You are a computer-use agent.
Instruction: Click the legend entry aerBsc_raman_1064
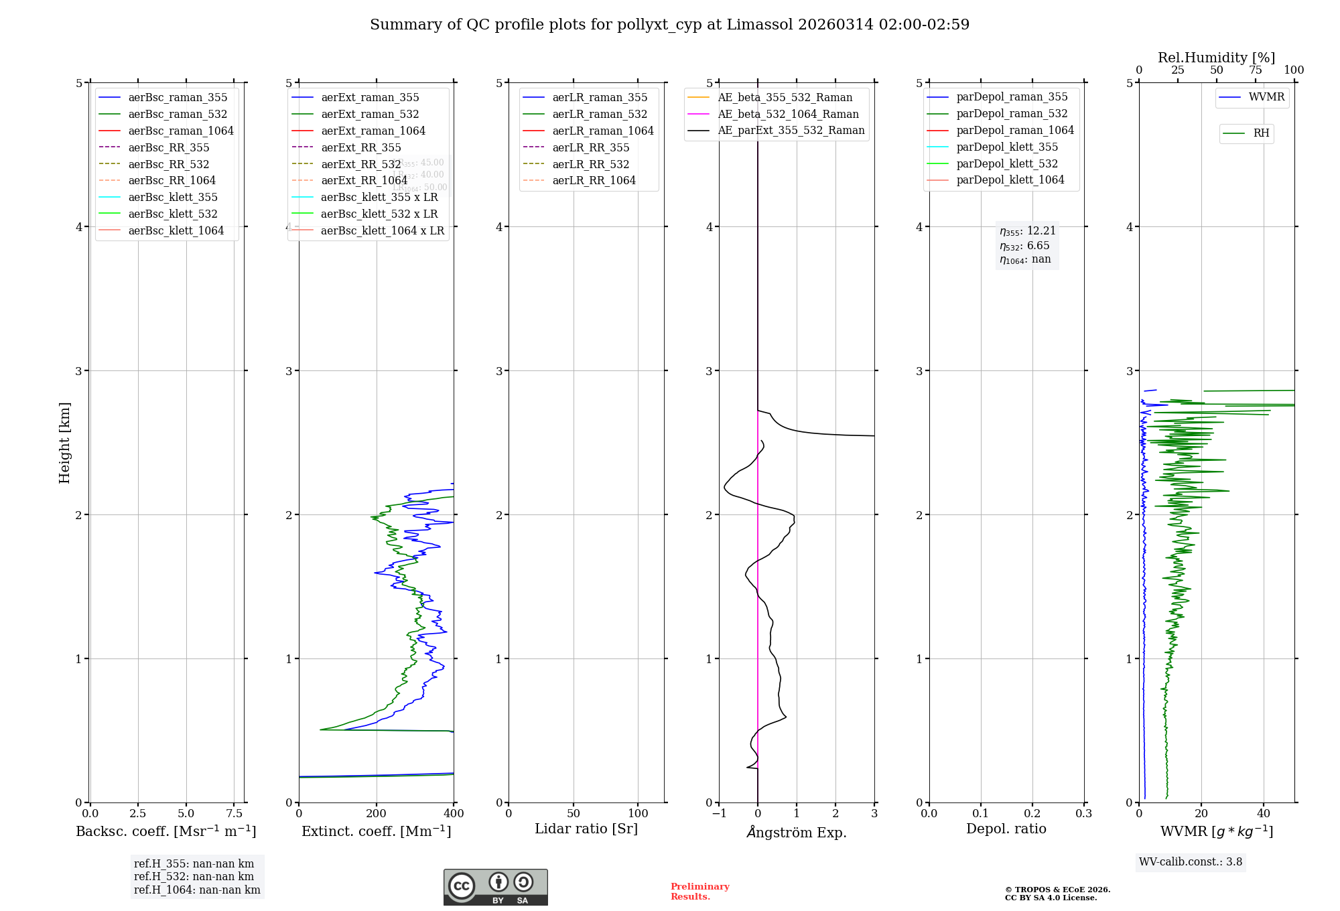click(x=181, y=131)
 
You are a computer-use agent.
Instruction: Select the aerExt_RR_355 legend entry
click(x=360, y=147)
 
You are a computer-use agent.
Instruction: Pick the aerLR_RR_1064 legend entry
click(x=594, y=180)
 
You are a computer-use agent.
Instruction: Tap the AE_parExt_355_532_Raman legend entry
click(x=791, y=130)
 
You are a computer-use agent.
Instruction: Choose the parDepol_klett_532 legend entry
click(x=1006, y=163)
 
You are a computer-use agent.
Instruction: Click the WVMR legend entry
click(x=1266, y=97)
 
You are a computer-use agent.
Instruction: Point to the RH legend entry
click(x=1260, y=133)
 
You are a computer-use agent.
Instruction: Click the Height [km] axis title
click(x=64, y=442)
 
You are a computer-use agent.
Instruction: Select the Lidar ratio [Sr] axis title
click(x=586, y=829)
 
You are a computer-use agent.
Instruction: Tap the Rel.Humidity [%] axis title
click(x=1216, y=58)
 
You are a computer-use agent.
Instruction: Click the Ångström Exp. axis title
click(x=797, y=832)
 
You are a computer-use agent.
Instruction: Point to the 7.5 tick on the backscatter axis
click(x=234, y=813)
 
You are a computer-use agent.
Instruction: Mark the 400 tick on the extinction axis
click(x=454, y=813)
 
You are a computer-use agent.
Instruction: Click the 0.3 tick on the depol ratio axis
click(x=1083, y=813)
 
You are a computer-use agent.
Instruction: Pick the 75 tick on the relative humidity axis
click(x=1255, y=70)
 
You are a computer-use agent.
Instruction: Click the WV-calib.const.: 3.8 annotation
click(x=1191, y=861)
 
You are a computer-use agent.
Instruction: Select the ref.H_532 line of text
click(x=194, y=876)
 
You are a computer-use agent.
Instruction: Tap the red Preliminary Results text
click(x=699, y=891)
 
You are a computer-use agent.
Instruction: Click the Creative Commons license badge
click(x=495, y=887)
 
